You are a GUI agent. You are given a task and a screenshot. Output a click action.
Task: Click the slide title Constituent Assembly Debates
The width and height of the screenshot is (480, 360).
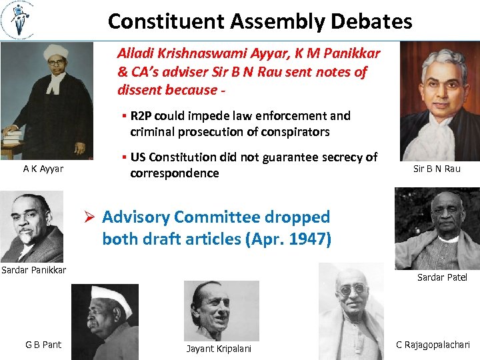pos(260,21)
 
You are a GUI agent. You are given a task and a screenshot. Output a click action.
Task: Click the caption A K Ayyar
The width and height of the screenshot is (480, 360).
pos(43,169)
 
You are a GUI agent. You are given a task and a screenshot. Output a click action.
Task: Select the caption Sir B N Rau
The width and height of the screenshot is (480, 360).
pos(437,169)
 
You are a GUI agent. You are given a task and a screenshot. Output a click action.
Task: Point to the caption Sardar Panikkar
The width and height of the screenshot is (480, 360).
pos(33,270)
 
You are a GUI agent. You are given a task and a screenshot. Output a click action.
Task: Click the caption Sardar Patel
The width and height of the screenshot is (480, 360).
pos(442,277)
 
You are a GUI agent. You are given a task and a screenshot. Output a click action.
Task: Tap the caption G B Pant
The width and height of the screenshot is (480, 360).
pos(43,345)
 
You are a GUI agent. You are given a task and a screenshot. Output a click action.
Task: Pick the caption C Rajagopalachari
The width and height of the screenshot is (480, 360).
pos(433,345)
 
